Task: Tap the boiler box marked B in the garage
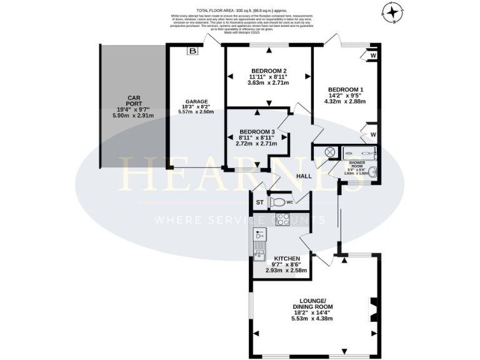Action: coord(192,51)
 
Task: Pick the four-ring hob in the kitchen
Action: coord(282,219)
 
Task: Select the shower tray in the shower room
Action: coord(358,152)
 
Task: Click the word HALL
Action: coord(304,177)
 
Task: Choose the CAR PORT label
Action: coord(132,98)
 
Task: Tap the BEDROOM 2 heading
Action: coord(269,70)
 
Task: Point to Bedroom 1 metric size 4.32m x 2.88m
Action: coord(345,101)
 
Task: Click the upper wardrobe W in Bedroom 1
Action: coord(372,55)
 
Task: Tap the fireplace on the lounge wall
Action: coord(373,307)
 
